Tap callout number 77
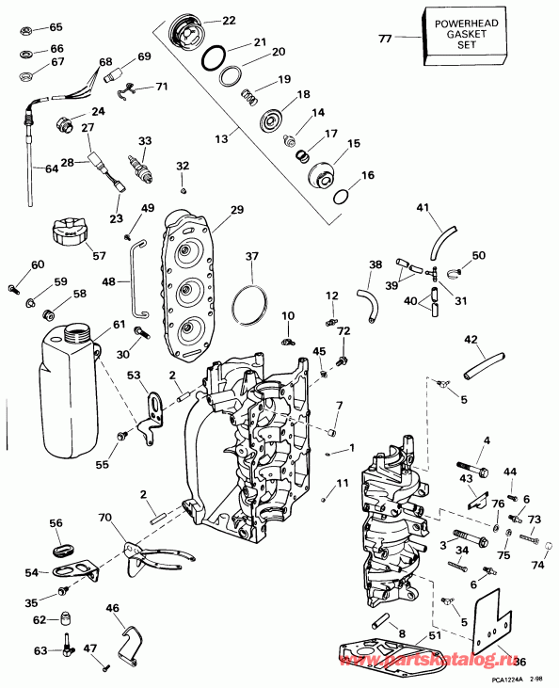coord(384,39)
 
